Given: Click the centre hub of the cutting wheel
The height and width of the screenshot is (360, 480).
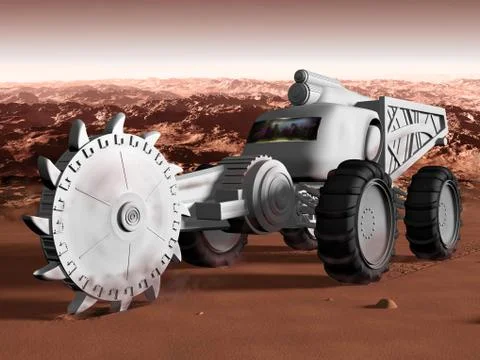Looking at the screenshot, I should coord(129,216).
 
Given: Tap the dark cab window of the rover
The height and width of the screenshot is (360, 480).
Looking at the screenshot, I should coord(286,129).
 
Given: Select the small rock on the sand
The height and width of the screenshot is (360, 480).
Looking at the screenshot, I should coord(386,303).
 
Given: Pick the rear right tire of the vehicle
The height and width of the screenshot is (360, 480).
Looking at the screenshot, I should coord(433,212).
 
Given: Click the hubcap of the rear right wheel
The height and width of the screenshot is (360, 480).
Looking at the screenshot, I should coord(445,213).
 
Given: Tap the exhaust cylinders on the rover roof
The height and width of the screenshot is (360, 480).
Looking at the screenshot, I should coord(305,88).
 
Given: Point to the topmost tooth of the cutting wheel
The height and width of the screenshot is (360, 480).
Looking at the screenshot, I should coord(116,124).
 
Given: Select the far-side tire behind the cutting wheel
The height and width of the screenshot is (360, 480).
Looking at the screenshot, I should coord(210,245).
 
